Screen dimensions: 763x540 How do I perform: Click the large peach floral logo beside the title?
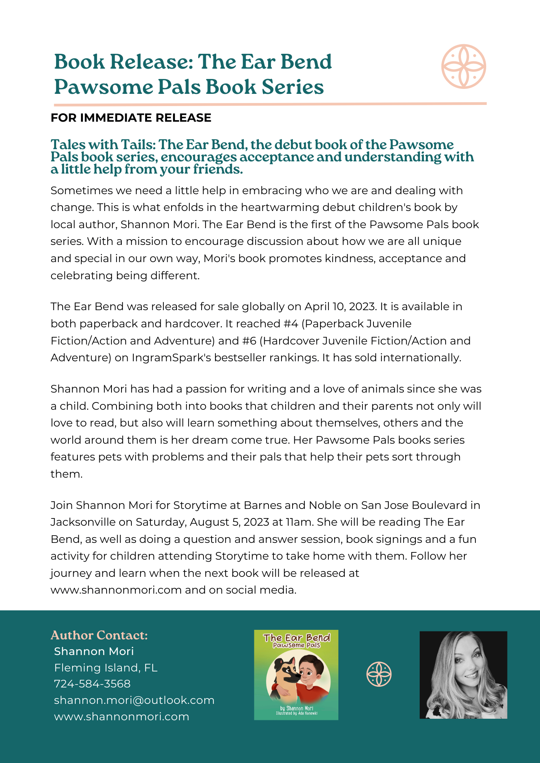463,66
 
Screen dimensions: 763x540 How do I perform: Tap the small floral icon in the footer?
379,674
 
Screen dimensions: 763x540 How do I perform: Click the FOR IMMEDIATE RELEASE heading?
131,118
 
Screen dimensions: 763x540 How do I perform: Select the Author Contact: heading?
99,635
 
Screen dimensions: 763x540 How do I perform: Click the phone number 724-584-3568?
92,684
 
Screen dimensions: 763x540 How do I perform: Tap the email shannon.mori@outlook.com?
134,700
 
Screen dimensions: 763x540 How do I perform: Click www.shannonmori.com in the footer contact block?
121,716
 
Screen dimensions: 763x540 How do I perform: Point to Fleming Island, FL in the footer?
106,668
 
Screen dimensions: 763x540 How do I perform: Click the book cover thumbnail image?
296,675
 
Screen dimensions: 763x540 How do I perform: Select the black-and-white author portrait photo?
463,675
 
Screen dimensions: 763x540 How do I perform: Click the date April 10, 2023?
340,307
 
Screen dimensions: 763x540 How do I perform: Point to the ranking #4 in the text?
291,324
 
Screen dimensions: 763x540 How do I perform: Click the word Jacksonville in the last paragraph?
83,522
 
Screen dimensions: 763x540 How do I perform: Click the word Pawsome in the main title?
103,87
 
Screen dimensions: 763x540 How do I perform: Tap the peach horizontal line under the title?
270,104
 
